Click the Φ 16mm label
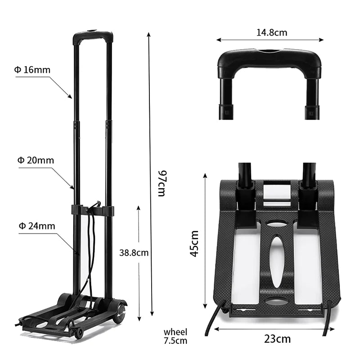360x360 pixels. [32, 70]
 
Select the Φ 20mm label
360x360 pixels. [36, 160]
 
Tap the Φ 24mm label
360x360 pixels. [36, 226]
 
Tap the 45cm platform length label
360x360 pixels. [194, 243]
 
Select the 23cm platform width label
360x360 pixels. [277, 339]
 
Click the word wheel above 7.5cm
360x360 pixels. [175, 332]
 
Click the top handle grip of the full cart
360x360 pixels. [93, 35]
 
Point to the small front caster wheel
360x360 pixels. [79, 333]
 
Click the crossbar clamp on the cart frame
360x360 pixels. [92, 211]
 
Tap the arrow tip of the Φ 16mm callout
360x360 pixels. [71, 97]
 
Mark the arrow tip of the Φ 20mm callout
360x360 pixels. [73, 188]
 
